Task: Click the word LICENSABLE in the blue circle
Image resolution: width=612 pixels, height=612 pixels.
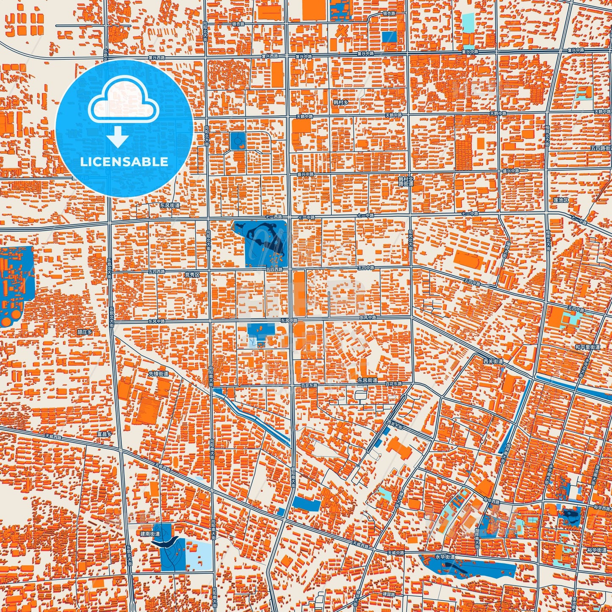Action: tap(124, 162)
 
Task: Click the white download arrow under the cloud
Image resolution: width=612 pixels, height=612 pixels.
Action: tap(118, 137)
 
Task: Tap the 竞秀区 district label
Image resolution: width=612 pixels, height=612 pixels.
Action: tap(192, 274)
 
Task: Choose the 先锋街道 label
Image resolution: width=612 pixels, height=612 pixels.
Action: tap(158, 374)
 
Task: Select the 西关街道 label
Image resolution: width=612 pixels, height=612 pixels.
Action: tap(493, 361)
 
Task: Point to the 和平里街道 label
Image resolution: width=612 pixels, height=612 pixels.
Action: tap(587, 347)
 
